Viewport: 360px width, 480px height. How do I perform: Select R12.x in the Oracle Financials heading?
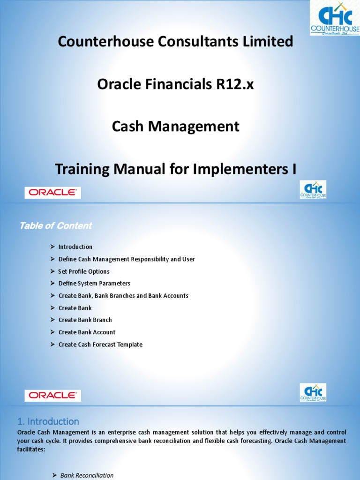(229, 85)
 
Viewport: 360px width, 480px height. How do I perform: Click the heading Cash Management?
(175, 127)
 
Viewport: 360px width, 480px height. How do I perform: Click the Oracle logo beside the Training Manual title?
(52, 192)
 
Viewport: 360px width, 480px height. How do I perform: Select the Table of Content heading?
(55, 226)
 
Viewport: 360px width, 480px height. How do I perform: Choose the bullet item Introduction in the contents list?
(75, 247)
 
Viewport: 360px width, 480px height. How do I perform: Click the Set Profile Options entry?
(84, 271)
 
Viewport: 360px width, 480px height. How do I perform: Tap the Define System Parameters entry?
(94, 284)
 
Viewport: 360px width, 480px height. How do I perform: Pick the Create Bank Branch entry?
(85, 320)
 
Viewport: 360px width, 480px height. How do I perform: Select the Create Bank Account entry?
(87, 332)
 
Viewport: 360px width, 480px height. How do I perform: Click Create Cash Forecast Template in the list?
(100, 345)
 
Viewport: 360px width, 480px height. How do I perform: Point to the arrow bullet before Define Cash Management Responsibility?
(52, 259)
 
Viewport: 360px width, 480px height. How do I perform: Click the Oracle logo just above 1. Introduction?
(52, 395)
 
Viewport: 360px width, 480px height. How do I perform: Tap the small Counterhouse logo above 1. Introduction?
(313, 392)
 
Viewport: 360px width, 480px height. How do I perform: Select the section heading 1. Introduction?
(48, 421)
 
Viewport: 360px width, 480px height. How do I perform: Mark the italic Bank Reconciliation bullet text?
(87, 475)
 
